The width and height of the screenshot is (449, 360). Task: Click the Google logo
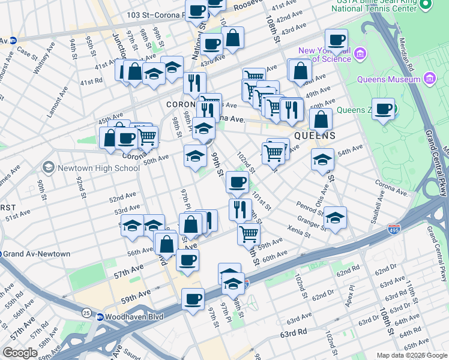20,353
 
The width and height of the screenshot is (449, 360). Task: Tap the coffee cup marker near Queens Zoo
383,109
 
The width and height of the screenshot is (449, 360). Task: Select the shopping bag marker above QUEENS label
322,119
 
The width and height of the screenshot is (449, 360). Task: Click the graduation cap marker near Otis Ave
322,160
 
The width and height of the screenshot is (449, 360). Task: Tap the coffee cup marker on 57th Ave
188,260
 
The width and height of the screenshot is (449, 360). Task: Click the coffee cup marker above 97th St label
193,299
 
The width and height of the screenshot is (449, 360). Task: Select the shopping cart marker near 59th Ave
248,233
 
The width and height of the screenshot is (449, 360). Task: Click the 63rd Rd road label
292,332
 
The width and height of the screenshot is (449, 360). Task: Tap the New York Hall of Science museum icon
360,54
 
